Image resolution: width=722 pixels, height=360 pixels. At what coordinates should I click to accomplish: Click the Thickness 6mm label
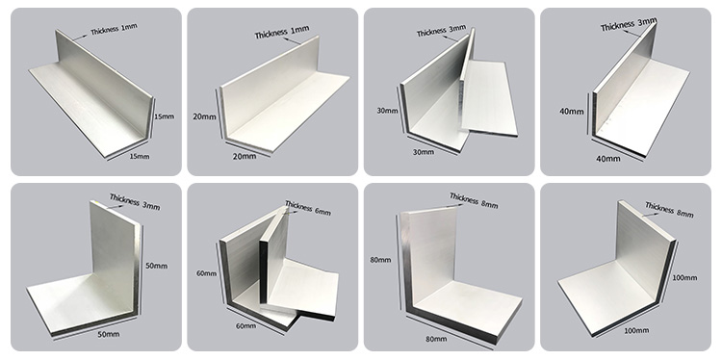308,208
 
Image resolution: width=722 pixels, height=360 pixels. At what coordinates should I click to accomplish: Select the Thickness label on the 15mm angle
114,30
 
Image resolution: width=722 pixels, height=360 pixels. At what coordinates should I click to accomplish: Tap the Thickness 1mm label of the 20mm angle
282,32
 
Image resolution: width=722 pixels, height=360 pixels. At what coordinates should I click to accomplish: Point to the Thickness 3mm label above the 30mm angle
441,31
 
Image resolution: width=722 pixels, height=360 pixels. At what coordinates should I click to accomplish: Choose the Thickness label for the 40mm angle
629,25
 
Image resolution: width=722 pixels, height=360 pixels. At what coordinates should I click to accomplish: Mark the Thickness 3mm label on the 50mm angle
135,201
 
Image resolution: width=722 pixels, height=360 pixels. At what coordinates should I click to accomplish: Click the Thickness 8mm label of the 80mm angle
474,201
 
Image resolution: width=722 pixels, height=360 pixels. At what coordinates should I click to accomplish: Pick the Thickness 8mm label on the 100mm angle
669,210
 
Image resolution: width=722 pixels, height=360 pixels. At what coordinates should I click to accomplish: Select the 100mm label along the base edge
636,330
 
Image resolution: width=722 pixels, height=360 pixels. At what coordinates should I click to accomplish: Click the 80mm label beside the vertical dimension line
380,260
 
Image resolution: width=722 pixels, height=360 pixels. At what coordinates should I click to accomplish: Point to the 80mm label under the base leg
436,339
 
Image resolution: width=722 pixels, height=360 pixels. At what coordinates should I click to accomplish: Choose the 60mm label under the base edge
245,326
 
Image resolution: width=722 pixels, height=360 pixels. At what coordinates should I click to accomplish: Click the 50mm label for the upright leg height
157,266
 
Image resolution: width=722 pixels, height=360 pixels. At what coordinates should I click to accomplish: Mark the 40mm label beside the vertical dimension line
572,112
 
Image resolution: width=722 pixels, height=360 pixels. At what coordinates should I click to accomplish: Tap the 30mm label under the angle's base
424,152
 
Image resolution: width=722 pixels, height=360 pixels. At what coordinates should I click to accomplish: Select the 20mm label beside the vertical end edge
204,116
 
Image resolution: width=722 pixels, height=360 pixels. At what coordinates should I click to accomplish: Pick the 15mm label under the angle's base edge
140,157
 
